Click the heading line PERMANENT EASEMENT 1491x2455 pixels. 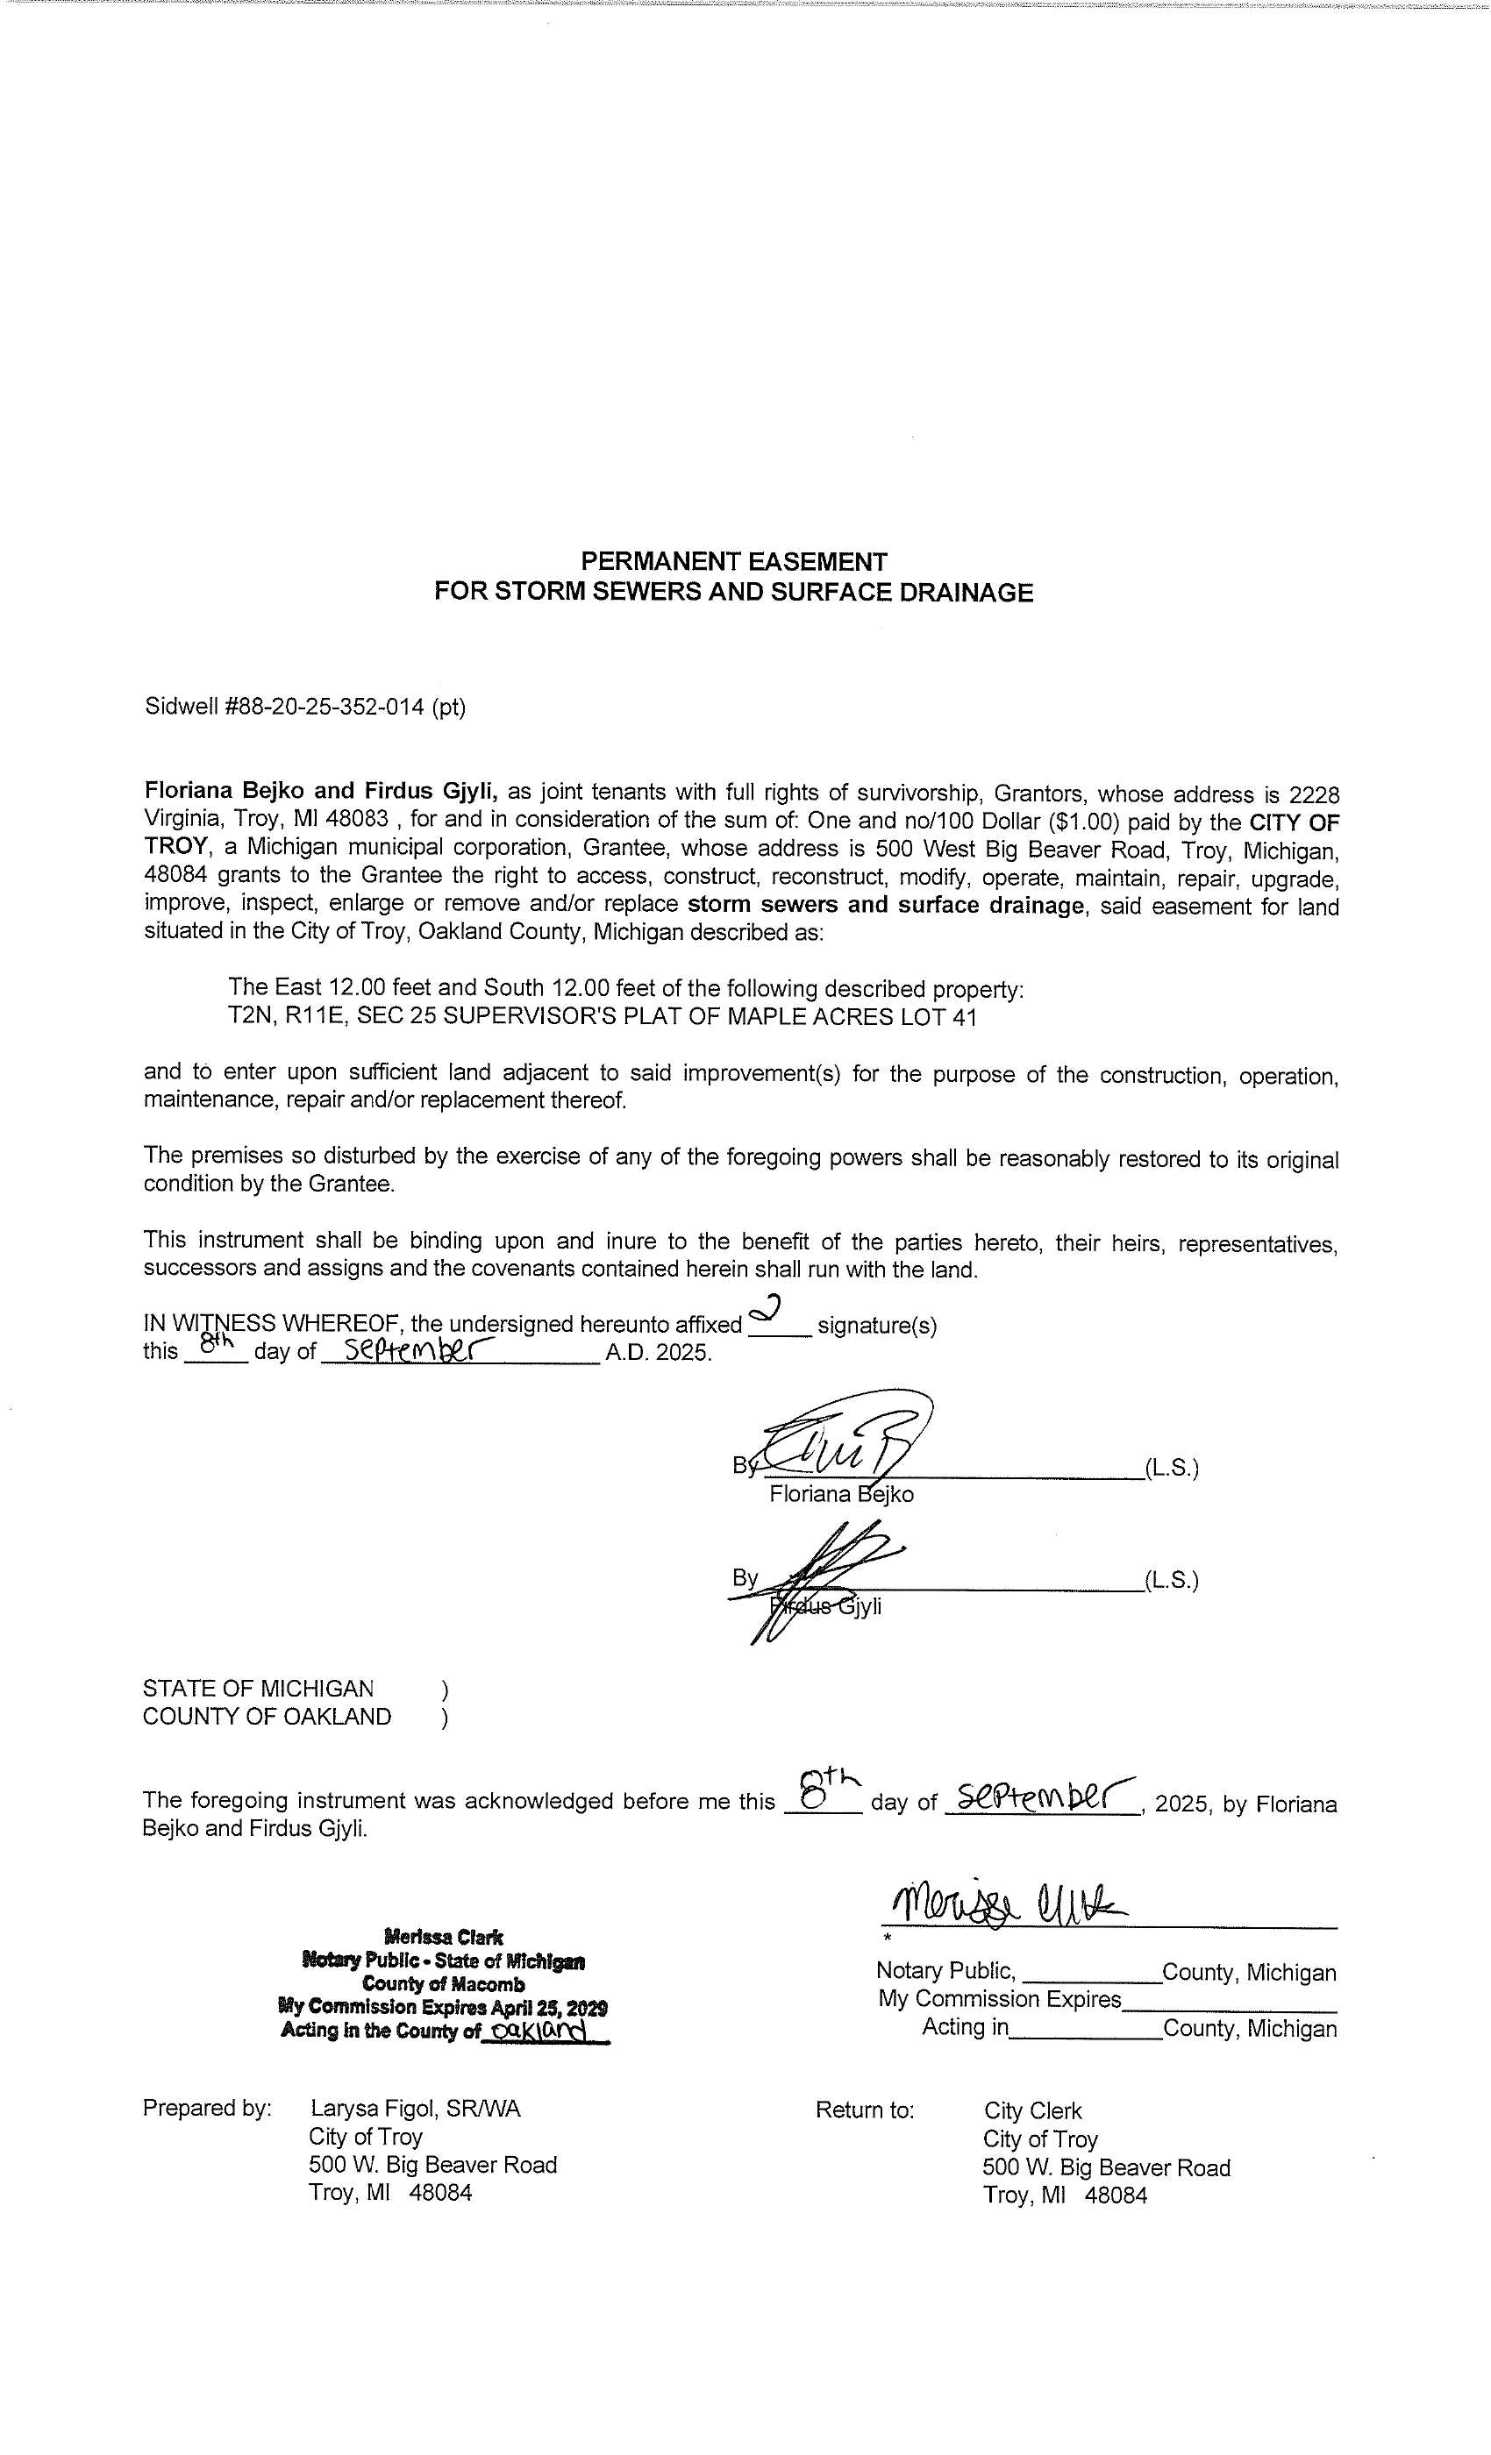733,561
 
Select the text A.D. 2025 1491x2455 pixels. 658,1353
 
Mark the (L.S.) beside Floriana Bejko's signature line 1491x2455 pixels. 1171,1468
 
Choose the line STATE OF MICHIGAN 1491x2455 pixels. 258,1689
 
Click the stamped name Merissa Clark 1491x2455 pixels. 443,1937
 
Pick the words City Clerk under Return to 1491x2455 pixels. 1032,2110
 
